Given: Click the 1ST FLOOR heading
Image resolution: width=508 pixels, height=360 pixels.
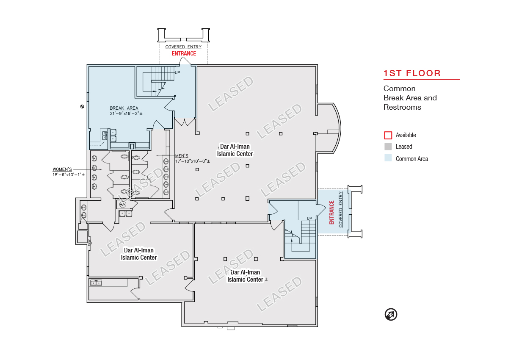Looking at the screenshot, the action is [x=412, y=73].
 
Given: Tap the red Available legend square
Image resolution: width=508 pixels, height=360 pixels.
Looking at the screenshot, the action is [x=388, y=135].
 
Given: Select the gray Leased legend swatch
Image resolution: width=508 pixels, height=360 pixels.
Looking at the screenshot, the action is [x=388, y=147].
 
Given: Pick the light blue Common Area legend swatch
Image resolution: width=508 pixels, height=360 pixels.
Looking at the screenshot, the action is [x=388, y=158].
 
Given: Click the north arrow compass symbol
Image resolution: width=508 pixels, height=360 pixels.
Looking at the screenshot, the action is [x=391, y=314].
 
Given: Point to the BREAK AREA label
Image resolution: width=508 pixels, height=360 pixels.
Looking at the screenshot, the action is [x=124, y=108].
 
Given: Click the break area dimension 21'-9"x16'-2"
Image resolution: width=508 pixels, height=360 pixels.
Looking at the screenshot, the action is [x=126, y=114].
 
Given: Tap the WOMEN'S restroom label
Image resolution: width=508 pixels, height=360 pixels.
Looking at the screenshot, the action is [x=62, y=169].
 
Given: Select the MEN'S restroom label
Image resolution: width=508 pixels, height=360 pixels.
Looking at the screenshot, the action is [x=182, y=156].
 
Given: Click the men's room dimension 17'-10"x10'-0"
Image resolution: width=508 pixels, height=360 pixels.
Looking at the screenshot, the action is [x=193, y=161].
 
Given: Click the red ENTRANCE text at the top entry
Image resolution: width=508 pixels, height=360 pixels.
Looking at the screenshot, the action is [x=184, y=53].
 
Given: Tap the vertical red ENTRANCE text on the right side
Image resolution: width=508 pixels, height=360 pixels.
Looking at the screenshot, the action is [x=331, y=213].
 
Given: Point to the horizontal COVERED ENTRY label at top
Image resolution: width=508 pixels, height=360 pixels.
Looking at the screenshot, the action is [x=183, y=47].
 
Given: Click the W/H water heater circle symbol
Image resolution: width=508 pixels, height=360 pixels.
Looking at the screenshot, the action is [x=122, y=205].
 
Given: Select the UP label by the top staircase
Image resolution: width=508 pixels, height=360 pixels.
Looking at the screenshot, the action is [x=177, y=72].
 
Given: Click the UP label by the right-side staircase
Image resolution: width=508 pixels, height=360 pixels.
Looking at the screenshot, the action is [x=309, y=219].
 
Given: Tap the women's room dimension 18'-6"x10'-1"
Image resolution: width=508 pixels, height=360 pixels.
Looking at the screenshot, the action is [x=69, y=174].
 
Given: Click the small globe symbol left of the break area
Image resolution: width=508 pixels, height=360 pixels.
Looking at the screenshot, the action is [x=82, y=106].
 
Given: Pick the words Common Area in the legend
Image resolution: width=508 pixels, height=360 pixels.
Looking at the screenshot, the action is [x=412, y=159].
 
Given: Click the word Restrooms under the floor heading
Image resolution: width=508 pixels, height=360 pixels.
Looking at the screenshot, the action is [x=402, y=107].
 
